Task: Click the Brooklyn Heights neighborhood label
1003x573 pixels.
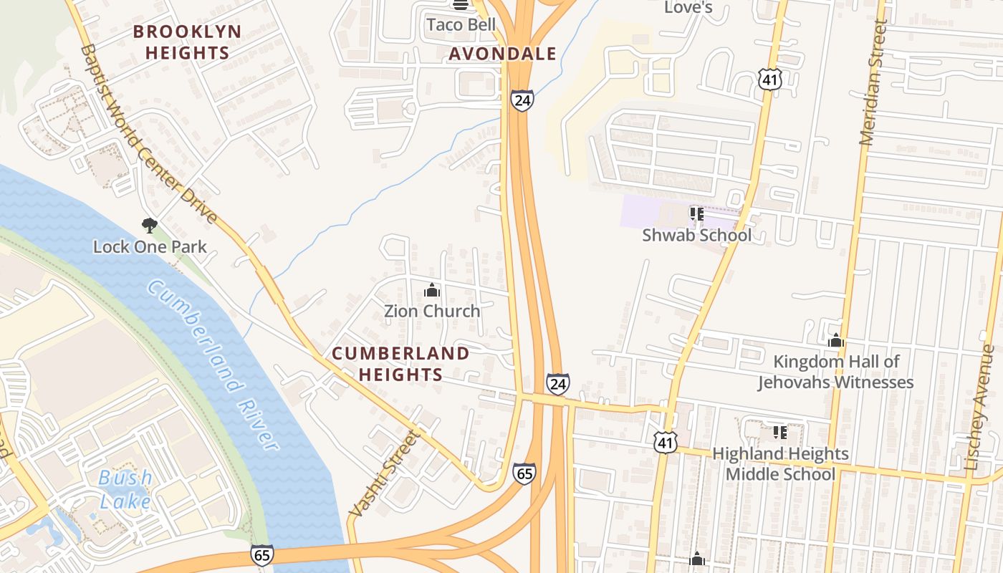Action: [188, 42]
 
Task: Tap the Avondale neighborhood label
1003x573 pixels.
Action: [502, 54]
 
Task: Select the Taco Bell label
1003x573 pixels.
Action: [461, 24]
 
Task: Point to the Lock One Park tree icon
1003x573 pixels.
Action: [149, 226]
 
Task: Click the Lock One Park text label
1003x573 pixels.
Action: [150, 247]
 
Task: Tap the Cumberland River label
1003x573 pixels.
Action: [213, 365]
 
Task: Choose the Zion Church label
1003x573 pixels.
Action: [432, 311]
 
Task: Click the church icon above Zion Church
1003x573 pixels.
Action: [432, 290]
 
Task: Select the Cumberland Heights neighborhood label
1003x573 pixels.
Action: [400, 364]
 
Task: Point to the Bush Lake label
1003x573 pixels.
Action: [125, 489]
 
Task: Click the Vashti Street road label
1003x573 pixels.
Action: [383, 473]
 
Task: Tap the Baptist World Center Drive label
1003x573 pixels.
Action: [148, 134]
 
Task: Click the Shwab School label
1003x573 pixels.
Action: [696, 235]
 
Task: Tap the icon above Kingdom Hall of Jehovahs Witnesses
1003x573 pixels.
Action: [835, 341]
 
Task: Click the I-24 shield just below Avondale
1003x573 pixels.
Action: [522, 100]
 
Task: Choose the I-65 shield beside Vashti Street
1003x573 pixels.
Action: [524, 473]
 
